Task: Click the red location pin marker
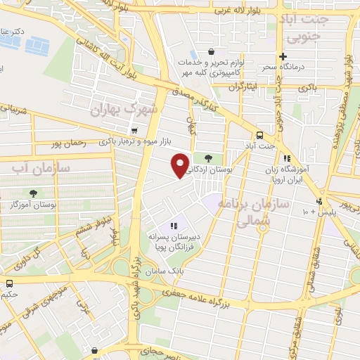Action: (x=181, y=165)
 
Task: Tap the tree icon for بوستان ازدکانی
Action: (x=207, y=158)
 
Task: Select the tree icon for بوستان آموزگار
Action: (x=33, y=193)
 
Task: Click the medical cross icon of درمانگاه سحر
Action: (x=282, y=57)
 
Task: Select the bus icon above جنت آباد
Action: (x=259, y=134)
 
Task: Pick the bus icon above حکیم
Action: (x=9, y=284)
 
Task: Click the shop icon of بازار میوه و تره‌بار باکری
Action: (x=134, y=130)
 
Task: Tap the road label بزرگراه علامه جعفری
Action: (x=208, y=297)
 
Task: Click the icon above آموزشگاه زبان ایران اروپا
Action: (x=286, y=159)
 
